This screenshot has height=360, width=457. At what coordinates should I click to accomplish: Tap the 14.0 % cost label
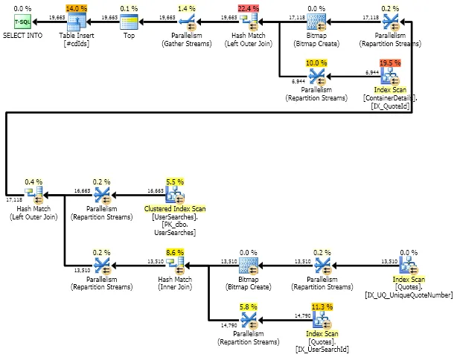pos(76,8)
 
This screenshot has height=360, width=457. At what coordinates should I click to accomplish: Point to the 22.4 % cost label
pos(249,8)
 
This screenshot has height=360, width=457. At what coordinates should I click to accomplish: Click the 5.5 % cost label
pos(173,181)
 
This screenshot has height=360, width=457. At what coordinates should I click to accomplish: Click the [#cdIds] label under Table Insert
pos(76,44)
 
